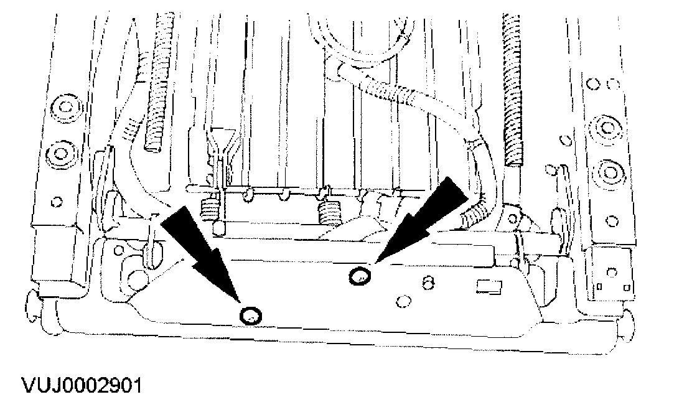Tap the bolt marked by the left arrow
click(x=251, y=316)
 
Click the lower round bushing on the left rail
click(x=62, y=152)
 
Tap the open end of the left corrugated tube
click(x=152, y=146)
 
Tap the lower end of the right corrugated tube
click(x=514, y=162)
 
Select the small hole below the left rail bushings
click(x=57, y=200)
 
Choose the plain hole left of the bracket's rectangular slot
click(x=401, y=302)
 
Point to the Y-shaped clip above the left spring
click(x=220, y=143)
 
